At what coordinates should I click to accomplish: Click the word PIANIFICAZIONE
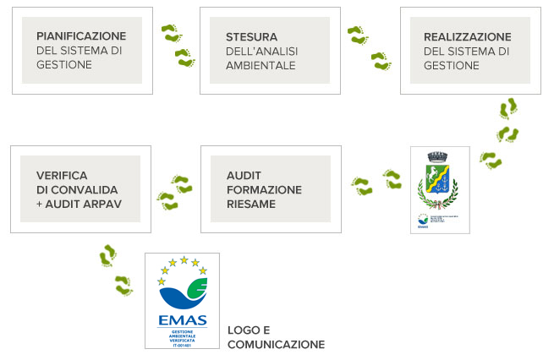(81, 36)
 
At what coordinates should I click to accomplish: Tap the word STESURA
(252, 36)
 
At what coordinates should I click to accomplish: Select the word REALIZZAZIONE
(468, 36)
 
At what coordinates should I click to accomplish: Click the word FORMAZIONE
(264, 189)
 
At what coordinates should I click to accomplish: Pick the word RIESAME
(251, 204)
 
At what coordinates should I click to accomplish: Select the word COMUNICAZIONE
(276, 345)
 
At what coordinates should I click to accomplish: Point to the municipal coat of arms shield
(437, 183)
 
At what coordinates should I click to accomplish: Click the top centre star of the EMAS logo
(183, 260)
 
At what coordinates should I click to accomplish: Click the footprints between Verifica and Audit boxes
(173, 192)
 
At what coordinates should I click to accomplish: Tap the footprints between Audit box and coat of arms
(376, 183)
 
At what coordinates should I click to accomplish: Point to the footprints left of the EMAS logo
(116, 270)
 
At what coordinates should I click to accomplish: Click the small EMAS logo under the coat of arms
(422, 223)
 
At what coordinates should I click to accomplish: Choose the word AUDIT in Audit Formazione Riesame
(244, 175)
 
